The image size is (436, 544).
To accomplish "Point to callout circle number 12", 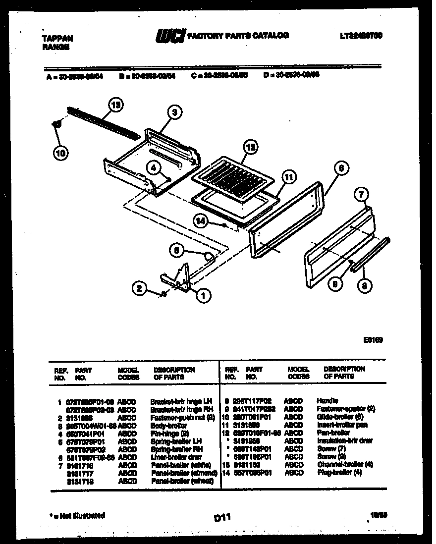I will pyautogui.click(x=251, y=147).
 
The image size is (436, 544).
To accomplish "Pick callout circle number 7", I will pyautogui.click(x=361, y=195).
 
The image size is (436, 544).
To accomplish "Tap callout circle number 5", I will pyautogui.click(x=175, y=251).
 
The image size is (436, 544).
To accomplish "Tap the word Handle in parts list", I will pyautogui.click(x=327, y=400).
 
